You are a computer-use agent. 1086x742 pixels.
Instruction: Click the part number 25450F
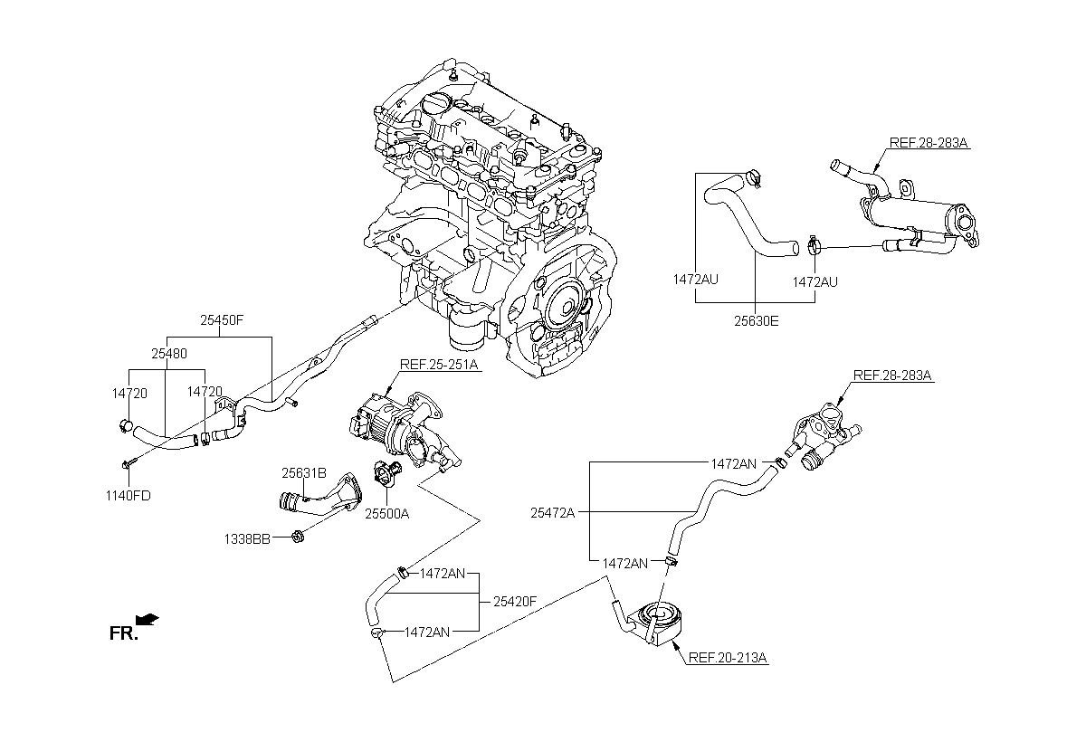[x=222, y=320]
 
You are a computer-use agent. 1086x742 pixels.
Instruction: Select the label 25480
[x=169, y=354]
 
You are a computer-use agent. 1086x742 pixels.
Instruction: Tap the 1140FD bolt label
[x=129, y=496]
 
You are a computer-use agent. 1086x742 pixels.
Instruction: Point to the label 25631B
[x=304, y=473]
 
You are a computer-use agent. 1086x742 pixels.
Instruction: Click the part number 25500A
[x=387, y=514]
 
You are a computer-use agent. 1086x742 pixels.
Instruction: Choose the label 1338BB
[x=247, y=539]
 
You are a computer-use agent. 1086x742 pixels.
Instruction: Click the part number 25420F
[x=515, y=602]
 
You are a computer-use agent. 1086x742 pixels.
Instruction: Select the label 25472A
[x=553, y=513]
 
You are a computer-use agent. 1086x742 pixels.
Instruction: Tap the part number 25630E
[x=757, y=321]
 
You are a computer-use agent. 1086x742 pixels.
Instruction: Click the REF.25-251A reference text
[x=439, y=365]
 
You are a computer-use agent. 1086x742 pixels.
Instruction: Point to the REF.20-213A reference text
[x=728, y=658]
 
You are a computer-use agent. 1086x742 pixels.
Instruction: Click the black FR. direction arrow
[x=148, y=619]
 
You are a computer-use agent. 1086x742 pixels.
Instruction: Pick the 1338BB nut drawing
[x=298, y=537]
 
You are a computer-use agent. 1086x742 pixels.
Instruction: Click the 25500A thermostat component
[x=387, y=471]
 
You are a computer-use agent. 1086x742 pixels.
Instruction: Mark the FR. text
[x=124, y=633]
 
